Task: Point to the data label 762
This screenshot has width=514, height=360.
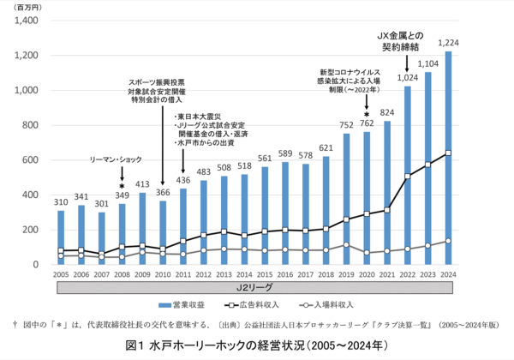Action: click(367, 124)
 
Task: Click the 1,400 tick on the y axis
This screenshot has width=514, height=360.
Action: click(26, 21)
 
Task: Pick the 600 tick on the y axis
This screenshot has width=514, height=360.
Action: click(32, 160)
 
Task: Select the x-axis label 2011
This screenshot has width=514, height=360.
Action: click(183, 274)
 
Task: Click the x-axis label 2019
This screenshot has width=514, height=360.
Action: click(347, 274)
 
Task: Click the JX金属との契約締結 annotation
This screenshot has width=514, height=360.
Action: click(405, 41)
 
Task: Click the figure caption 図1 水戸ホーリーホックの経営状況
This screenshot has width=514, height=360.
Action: click(257, 346)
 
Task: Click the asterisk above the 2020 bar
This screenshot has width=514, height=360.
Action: click(367, 113)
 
